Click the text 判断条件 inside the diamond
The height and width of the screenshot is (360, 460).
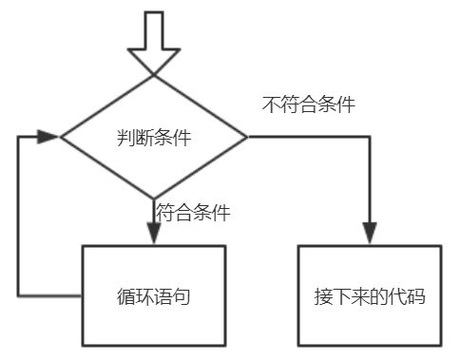[x=154, y=138]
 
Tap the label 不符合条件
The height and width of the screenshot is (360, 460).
[x=308, y=104]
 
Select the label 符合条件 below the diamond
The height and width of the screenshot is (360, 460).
[x=193, y=212]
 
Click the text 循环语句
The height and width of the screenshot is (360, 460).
[x=154, y=296]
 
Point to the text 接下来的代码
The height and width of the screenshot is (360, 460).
[x=370, y=296]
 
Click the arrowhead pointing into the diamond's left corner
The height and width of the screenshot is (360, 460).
[x=48, y=137]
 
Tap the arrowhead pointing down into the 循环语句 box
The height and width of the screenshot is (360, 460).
[x=154, y=233]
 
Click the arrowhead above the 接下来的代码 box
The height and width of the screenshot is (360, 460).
[x=370, y=233]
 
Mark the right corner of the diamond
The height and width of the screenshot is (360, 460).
[x=247, y=137]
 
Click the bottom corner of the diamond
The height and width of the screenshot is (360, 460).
[x=154, y=199]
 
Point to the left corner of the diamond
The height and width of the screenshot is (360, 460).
[x=61, y=137]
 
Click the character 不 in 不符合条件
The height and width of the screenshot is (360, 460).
[x=271, y=104]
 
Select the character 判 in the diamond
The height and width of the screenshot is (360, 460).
[x=125, y=138]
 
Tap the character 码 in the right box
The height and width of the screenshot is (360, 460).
[x=416, y=296]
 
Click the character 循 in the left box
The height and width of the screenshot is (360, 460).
[x=125, y=296]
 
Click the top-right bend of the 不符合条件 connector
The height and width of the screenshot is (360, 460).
[x=370, y=137]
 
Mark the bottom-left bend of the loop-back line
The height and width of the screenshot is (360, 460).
[x=18, y=295]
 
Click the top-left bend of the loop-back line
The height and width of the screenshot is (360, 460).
[x=18, y=137]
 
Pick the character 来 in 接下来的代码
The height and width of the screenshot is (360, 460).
[x=360, y=296]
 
